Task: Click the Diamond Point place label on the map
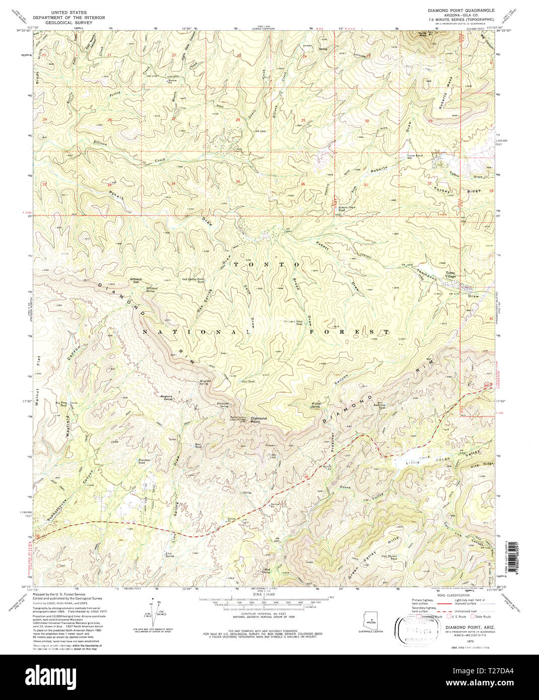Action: pyautogui.click(x=259, y=419)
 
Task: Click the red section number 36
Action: pyautogui.click(x=303, y=184)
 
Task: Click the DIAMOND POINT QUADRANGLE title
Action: pyautogui.click(x=461, y=10)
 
